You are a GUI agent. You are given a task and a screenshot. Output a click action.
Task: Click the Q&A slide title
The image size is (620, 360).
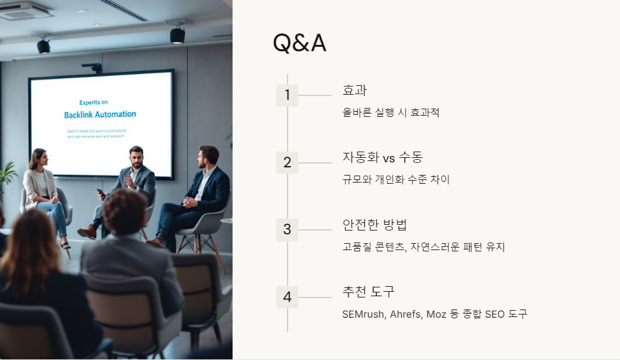[299, 43]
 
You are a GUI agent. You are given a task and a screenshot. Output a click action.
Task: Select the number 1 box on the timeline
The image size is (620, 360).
[287, 95]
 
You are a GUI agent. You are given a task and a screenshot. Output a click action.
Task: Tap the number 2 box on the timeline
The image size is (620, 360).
[287, 162]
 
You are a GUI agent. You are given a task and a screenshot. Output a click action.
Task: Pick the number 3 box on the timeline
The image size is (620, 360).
[287, 230]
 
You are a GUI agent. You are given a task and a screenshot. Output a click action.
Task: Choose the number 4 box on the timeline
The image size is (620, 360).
[287, 297]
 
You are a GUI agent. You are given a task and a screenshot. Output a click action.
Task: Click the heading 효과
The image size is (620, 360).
[354, 90]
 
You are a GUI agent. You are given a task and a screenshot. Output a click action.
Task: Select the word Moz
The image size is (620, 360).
[437, 314]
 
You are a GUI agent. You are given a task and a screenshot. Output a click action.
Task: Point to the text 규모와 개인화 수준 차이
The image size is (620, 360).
[396, 180]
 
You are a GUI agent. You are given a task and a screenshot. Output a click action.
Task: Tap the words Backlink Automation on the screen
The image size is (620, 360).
[100, 114]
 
